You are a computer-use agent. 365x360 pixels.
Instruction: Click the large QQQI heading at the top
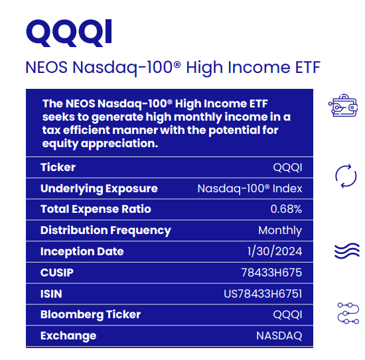68,31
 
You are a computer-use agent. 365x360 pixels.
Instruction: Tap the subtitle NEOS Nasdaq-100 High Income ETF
173,68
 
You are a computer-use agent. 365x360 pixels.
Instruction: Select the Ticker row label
58,167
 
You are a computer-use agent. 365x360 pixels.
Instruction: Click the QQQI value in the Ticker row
287,167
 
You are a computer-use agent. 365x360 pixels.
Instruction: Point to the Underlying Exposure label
99,188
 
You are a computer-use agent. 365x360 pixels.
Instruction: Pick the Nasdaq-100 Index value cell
250,188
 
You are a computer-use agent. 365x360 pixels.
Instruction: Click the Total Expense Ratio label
96,210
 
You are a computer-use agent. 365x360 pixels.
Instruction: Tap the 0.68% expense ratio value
286,210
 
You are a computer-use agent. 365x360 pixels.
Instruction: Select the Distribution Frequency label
106,231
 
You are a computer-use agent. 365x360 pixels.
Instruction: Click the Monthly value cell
280,231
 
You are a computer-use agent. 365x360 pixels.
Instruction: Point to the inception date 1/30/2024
274,252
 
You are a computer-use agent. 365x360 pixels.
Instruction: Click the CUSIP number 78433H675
271,272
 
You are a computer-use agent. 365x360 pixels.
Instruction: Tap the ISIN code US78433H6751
263,294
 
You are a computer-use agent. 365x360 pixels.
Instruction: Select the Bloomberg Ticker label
90,314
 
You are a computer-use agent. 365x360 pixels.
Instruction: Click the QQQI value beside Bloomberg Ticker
287,314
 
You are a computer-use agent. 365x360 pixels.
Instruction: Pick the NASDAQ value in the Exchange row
279,335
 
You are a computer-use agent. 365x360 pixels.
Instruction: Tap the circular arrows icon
346,176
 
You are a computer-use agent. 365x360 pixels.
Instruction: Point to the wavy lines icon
346,251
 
